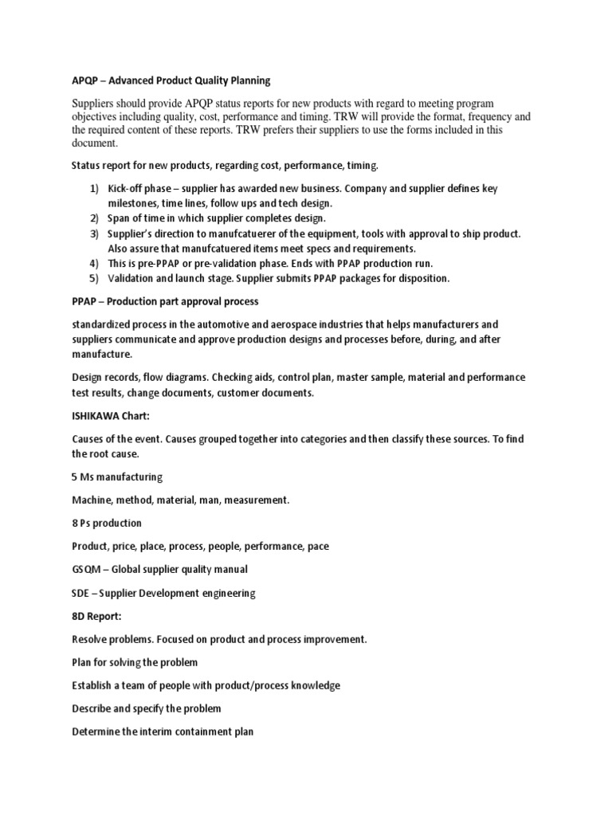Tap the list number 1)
coord(94,189)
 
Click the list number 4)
coord(94,263)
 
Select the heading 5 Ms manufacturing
coord(117,477)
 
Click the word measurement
coord(256,500)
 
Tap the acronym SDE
coord(81,593)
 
